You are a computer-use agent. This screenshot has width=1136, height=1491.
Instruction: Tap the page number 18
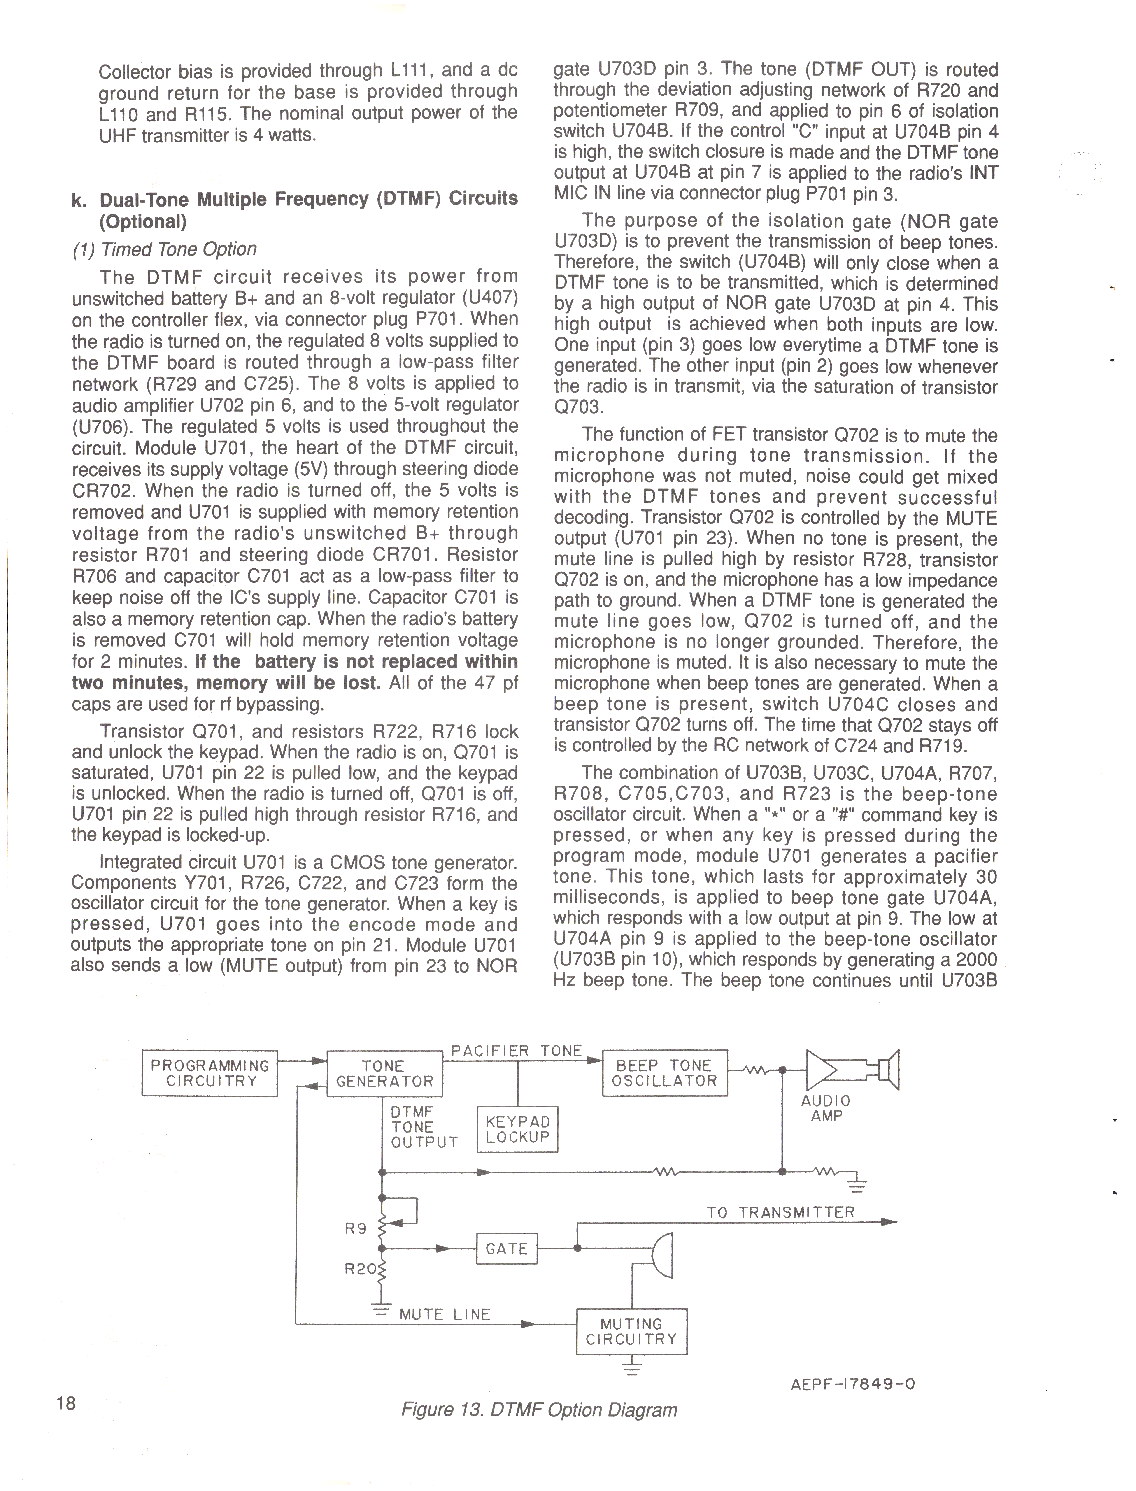pyautogui.click(x=66, y=1403)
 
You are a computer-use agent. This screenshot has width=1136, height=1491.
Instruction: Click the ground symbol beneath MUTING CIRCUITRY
pyautogui.click(x=632, y=1368)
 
